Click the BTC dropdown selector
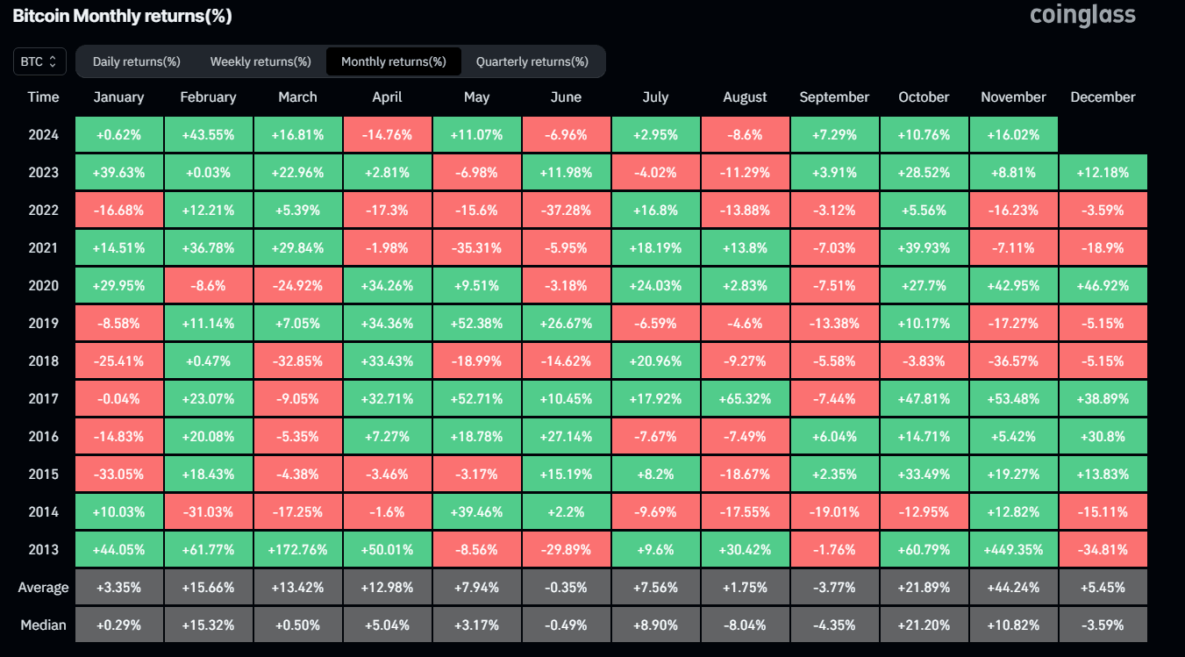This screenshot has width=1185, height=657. [x=39, y=61]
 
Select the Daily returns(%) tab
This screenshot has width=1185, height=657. [x=136, y=61]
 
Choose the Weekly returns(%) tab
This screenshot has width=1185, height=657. [x=261, y=61]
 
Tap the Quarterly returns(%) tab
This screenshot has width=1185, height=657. [x=532, y=61]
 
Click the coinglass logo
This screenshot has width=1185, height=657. [x=1082, y=15]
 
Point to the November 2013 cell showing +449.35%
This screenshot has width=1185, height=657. [x=1013, y=549]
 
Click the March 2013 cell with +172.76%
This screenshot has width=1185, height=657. [x=297, y=549]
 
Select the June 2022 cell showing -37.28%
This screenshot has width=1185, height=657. [x=566, y=210]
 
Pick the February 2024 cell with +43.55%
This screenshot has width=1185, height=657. [x=208, y=134]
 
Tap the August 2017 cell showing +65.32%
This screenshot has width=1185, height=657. [x=745, y=398]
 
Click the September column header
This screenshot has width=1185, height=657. [x=834, y=97]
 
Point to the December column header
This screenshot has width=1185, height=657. [x=1103, y=97]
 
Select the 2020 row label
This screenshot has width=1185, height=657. [x=43, y=285]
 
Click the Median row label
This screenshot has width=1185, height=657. [x=43, y=625]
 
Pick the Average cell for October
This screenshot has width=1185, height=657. [x=924, y=587]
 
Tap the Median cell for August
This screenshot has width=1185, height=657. [x=745, y=625]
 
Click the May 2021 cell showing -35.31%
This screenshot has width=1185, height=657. [x=476, y=247]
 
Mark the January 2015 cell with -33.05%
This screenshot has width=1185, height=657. [x=118, y=474]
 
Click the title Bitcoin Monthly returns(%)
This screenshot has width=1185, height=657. [x=122, y=17]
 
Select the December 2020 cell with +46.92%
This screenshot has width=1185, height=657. [x=1103, y=285]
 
